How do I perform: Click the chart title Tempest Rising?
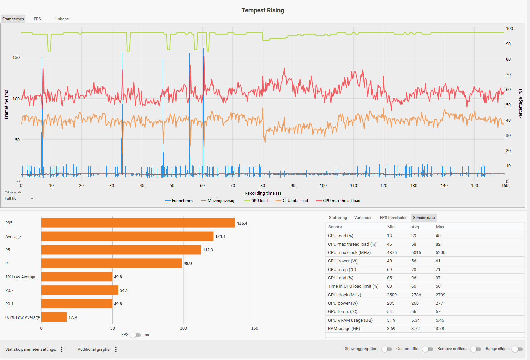pyautogui.click(x=263, y=10)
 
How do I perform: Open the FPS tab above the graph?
pyautogui.click(x=37, y=19)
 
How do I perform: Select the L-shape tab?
pyautogui.click(x=62, y=19)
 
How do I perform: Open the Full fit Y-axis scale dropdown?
pyautogui.click(x=19, y=198)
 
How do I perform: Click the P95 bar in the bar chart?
pyautogui.click(x=138, y=223)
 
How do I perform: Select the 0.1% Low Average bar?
pyautogui.click(x=54, y=317)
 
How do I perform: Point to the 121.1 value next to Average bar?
pyautogui.click(x=220, y=237)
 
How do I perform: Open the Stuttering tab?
pyautogui.click(x=338, y=218)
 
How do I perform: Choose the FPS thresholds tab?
pyautogui.click(x=393, y=218)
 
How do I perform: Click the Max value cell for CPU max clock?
pyautogui.click(x=440, y=253)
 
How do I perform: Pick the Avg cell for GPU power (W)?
pyautogui.click(x=415, y=303)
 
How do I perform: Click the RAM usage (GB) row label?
pyautogui.click(x=344, y=329)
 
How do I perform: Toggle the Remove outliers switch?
pyautogui.click(x=476, y=349)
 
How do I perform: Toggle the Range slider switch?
pyautogui.click(x=517, y=349)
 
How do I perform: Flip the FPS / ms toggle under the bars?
pyautogui.click(x=135, y=335)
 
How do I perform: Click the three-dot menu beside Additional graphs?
pyautogui.click(x=116, y=349)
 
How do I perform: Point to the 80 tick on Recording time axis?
pyautogui.click(x=263, y=186)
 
